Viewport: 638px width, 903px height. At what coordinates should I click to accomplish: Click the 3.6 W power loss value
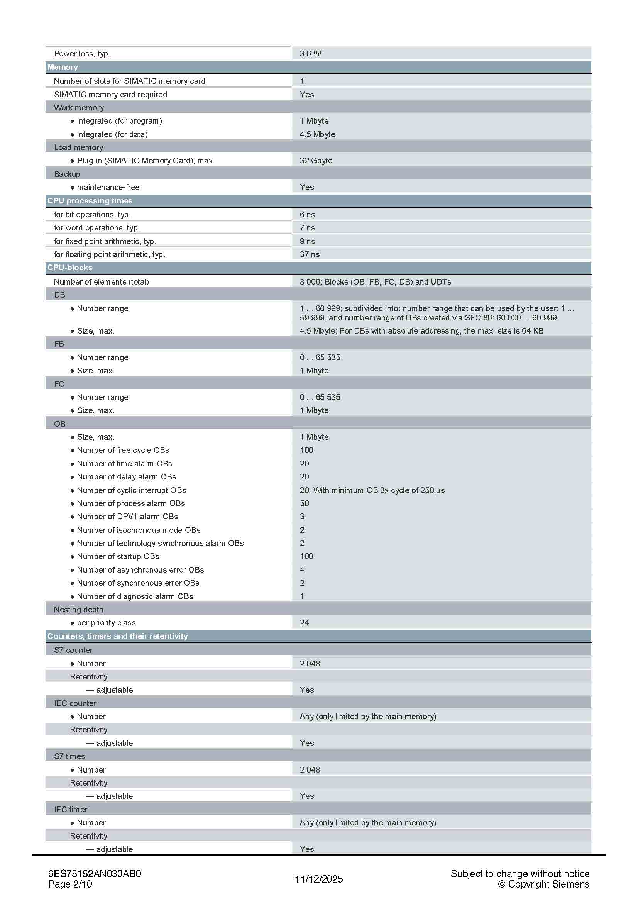click(310, 54)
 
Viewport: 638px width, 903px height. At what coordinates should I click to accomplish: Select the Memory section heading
click(63, 67)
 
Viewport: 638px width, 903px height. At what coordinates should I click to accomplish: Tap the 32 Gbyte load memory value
click(316, 161)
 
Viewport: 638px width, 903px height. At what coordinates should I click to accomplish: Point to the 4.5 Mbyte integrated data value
click(317, 134)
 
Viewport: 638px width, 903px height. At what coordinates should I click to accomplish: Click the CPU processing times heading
click(90, 201)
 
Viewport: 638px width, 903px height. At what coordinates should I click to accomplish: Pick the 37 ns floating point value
click(310, 254)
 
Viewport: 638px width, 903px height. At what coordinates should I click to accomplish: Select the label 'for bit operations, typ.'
click(92, 214)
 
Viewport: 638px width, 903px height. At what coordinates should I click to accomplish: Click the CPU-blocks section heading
click(69, 268)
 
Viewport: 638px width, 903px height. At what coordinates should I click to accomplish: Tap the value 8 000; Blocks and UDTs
click(375, 281)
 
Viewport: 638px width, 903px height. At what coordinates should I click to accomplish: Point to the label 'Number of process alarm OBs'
click(130, 503)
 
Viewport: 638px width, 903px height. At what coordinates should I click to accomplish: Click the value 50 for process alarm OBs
click(304, 503)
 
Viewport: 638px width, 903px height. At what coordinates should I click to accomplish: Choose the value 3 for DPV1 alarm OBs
click(302, 517)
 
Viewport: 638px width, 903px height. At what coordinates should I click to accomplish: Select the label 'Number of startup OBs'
click(118, 556)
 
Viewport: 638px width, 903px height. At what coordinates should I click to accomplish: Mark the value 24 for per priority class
click(304, 623)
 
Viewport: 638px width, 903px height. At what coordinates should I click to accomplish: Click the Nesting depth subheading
click(78, 609)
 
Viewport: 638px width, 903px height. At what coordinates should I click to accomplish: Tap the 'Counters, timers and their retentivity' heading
click(118, 636)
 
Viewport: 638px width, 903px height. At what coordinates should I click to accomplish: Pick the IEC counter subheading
click(75, 703)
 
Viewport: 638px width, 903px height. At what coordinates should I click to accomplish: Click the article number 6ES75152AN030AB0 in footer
click(94, 874)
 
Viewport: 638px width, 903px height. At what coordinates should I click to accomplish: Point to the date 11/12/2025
click(319, 879)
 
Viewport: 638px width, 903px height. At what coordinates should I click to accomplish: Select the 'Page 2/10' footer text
click(70, 884)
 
